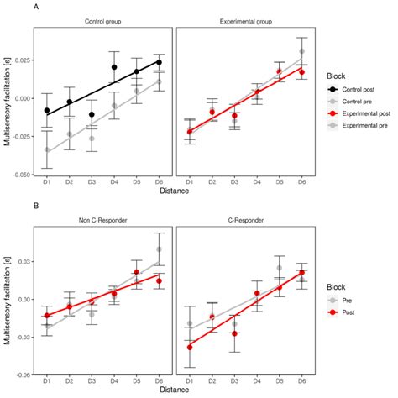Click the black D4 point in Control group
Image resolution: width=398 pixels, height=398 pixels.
pyautogui.click(x=114, y=66)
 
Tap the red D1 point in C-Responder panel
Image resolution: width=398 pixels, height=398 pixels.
pyautogui.click(x=191, y=347)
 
